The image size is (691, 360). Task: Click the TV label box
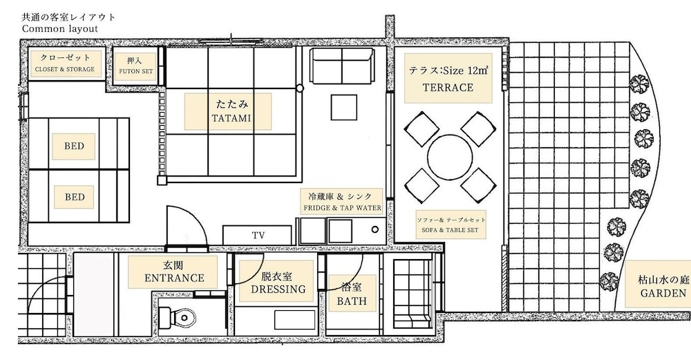(257, 236)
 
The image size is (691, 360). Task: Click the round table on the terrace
(450, 158)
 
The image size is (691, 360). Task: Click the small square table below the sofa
(344, 107)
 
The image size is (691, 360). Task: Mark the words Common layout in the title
(60, 28)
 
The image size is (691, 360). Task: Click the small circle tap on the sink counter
(375, 229)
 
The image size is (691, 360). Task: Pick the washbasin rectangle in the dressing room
(295, 320)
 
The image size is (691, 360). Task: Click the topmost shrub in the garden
(639, 84)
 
